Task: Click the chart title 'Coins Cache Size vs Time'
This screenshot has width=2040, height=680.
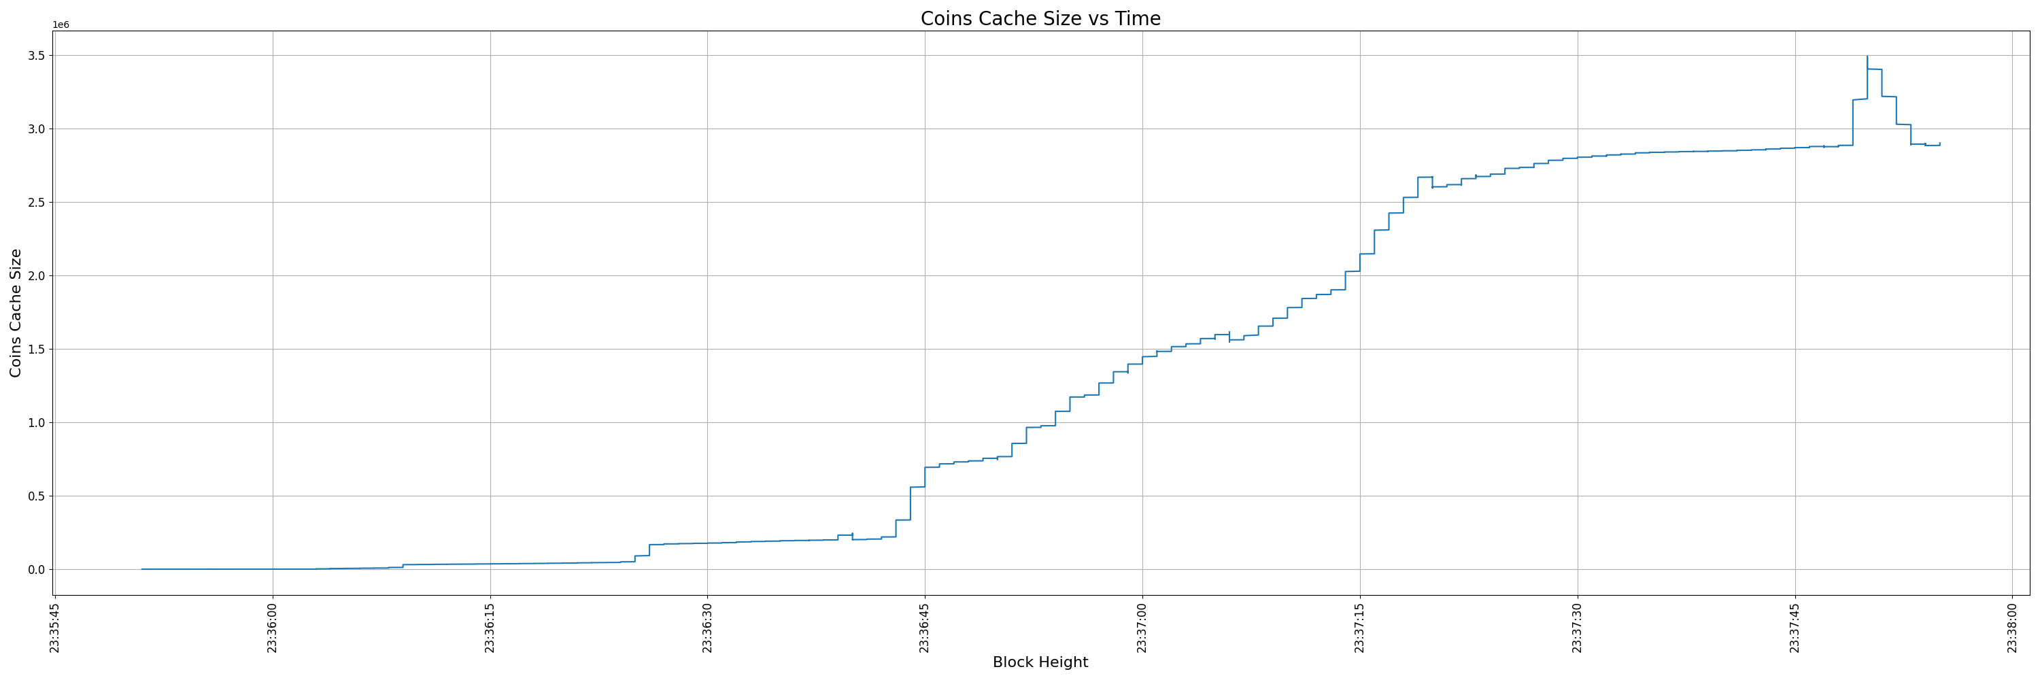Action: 1040,19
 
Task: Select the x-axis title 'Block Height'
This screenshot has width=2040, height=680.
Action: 1040,662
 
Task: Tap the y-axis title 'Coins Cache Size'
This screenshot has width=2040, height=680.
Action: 16,313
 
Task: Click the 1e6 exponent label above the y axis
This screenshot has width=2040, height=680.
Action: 61,24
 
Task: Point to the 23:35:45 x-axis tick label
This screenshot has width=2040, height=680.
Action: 54,628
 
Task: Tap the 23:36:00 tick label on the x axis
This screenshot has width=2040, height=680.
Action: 273,628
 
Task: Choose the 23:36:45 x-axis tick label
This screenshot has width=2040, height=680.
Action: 925,628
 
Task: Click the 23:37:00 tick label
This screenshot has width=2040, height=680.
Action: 1142,628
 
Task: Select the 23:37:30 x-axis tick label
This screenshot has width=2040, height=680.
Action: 1578,628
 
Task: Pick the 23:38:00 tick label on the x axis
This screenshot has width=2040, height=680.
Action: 2012,628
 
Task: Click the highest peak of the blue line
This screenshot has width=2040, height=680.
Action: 1867,57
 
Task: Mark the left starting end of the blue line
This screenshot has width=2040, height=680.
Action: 141,569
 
